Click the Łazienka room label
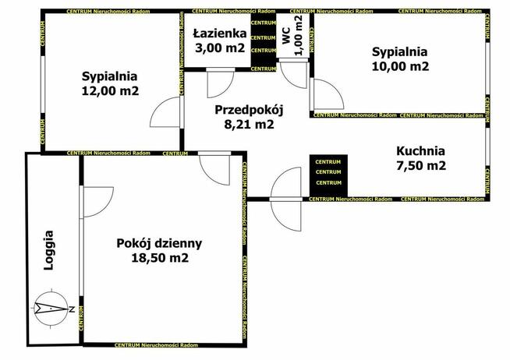pos(221,34)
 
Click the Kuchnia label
pos(420,151)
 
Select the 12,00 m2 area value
pos(110,90)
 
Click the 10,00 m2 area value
pos(400,66)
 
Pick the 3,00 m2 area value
pos(221,48)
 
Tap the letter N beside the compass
pos(72,309)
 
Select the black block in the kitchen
pos(328,172)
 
